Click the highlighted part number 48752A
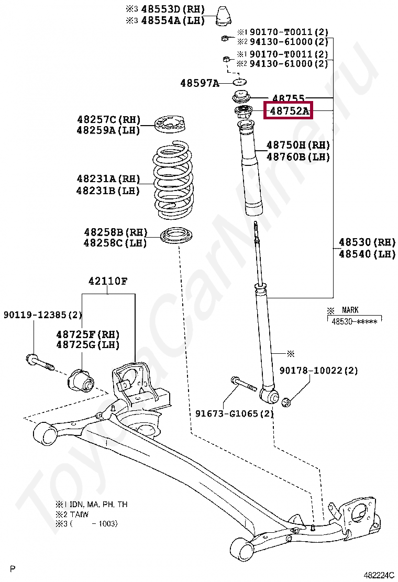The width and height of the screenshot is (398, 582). (x=289, y=111)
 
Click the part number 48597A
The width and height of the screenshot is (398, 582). (x=200, y=83)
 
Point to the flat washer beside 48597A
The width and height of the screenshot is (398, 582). (x=240, y=82)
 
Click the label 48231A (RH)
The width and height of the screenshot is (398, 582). (x=108, y=179)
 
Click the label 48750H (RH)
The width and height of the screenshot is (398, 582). (x=298, y=145)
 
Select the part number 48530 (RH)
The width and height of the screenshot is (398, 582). (x=367, y=242)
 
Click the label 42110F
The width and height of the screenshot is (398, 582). (x=107, y=281)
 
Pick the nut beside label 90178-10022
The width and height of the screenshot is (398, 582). (x=286, y=402)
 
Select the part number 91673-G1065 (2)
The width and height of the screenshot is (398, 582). (x=235, y=413)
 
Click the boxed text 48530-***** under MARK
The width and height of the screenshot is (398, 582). (x=354, y=321)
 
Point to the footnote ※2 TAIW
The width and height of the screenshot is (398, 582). (x=72, y=514)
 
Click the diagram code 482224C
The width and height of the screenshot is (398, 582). (x=379, y=574)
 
